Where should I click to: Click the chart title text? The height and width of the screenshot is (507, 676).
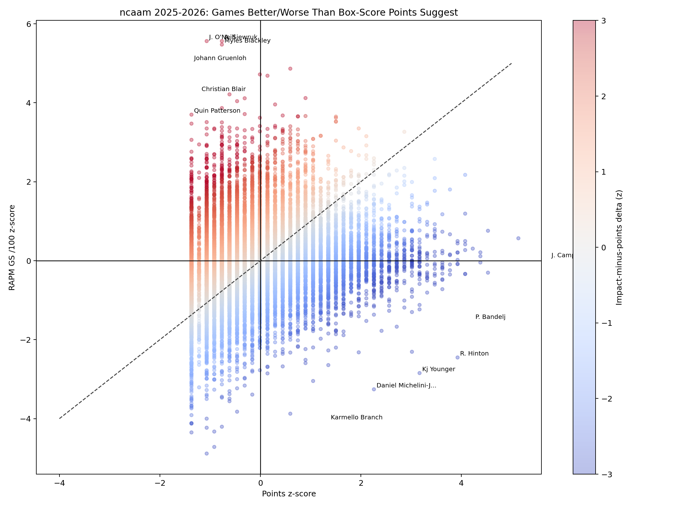[x=289, y=13]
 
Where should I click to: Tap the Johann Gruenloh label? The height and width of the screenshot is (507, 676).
[x=220, y=58]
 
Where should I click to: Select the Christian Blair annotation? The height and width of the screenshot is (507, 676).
[x=223, y=89]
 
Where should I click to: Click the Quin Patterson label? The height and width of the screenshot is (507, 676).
[x=217, y=111]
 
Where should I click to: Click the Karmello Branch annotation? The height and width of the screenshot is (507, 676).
[x=356, y=417]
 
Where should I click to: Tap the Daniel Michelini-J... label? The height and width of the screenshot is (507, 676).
[x=406, y=386]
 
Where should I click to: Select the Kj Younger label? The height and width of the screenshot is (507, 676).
[x=438, y=369]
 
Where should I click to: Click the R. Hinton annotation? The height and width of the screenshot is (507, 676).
[x=474, y=354]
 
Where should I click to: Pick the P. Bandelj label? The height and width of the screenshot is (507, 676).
[x=490, y=317]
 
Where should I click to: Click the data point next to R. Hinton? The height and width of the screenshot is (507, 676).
[x=457, y=357]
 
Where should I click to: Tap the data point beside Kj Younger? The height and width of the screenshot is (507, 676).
[x=419, y=373]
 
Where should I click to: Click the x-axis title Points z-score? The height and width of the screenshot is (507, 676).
[x=289, y=494]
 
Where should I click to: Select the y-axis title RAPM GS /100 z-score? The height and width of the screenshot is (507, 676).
[x=12, y=248]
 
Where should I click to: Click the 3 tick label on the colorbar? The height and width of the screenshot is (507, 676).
[x=603, y=21]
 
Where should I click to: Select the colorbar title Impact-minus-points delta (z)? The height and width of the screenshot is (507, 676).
[x=619, y=248]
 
